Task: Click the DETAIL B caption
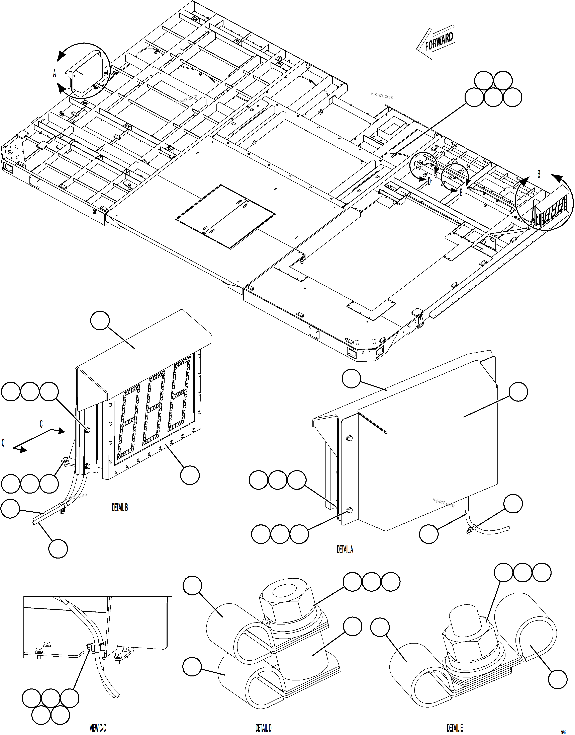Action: coord(120,508)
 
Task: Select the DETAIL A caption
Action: coord(345,549)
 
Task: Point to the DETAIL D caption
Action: coord(263,728)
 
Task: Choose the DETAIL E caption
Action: coord(455,728)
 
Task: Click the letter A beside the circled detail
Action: coord(55,73)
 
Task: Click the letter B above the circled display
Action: coord(539,174)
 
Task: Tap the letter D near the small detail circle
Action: coord(429,182)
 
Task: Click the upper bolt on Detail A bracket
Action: coord(349,438)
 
